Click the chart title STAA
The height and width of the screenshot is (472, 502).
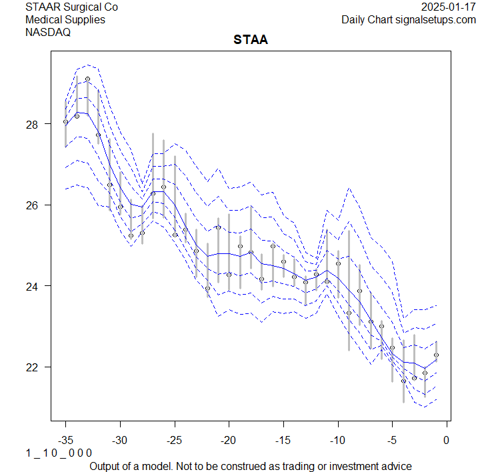coord(251,40)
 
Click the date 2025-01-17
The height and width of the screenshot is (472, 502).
coord(449,7)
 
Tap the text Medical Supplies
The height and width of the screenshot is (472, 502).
coord(65,19)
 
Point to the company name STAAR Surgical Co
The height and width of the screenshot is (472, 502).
coord(71,7)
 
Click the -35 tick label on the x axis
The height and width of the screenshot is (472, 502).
coord(65,441)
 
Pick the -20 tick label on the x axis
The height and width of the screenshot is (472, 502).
coord(229,441)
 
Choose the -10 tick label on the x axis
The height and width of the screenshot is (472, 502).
coord(337,441)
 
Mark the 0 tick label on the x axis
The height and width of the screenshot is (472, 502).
coord(447,441)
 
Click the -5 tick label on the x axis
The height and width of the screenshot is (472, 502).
coord(392,441)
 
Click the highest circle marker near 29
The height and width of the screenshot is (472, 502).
coord(87,79)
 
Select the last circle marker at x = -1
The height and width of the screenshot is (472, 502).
coord(436,355)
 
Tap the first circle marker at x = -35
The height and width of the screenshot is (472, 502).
coord(65,122)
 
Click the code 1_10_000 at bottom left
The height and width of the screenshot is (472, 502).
coord(59,453)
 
